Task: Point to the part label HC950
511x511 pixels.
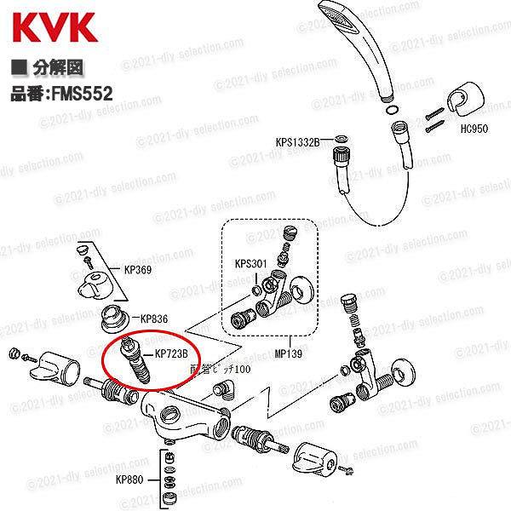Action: click(474, 129)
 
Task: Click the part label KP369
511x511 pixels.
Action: click(137, 270)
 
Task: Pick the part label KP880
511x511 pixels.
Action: click(129, 479)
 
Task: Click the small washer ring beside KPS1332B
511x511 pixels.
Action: click(339, 139)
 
